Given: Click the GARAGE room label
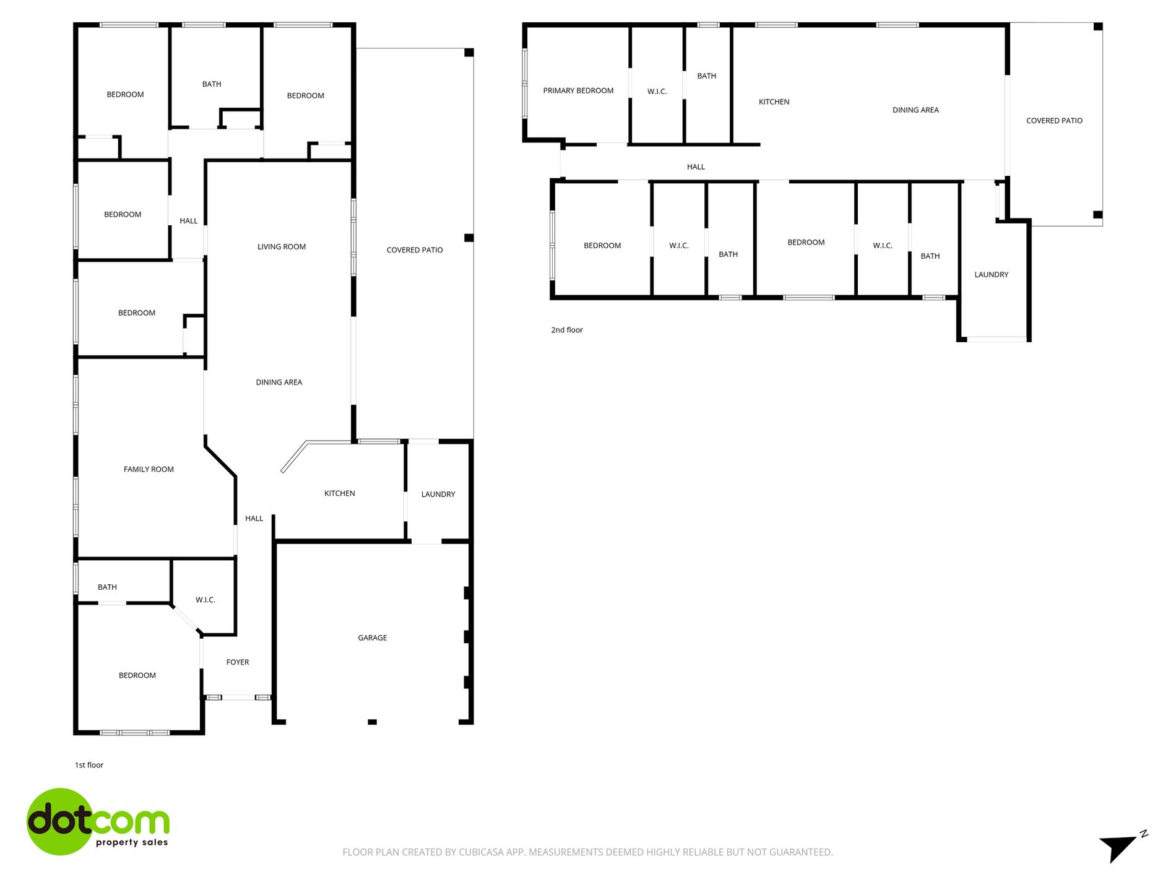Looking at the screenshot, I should coord(372,638).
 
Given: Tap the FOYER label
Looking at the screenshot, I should coord(238,662).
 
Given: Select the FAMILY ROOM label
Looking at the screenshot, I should coord(149,469).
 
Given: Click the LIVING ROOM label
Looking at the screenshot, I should coord(282,247).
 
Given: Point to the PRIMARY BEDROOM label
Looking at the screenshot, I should coord(578,91).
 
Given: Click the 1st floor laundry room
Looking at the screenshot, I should coord(438,494).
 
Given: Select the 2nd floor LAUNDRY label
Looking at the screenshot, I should coord(991,275).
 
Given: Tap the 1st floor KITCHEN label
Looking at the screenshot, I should coord(340,493).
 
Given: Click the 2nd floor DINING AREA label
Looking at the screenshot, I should coord(915,110).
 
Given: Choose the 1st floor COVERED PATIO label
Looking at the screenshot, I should coord(415,250).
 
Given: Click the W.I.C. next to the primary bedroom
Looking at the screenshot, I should coord(657,92).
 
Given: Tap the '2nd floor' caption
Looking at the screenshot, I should coord(566,330).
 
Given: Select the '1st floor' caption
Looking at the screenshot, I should coord(89,765).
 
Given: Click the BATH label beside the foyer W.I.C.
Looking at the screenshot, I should coord(107,587).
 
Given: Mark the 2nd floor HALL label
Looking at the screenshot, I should coord(696,166).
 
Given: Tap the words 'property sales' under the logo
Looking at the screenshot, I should coord(132,842).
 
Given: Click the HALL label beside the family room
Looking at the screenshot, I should coord(254,519).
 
